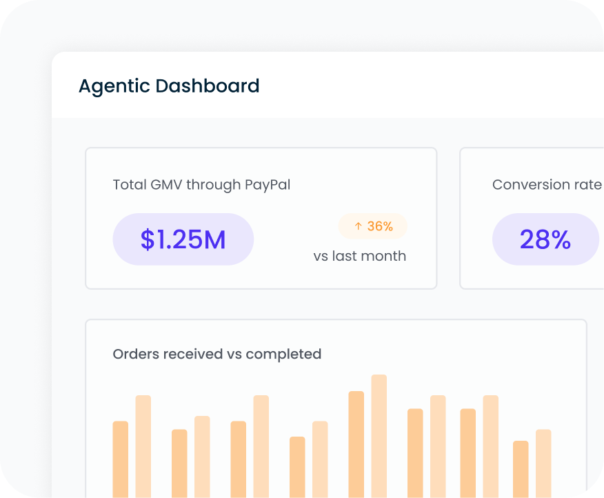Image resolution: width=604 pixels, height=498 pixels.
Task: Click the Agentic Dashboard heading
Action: coord(169,86)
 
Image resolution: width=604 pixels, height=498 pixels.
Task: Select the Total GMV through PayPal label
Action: coord(201,185)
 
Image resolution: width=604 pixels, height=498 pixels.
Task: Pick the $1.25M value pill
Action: coord(183,239)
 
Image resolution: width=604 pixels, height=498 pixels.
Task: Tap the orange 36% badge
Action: coord(373,226)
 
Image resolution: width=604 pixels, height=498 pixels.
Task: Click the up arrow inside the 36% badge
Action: coord(358,226)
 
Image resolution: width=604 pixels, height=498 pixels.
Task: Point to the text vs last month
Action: coord(359,256)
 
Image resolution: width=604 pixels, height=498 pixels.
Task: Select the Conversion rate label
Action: coord(547,185)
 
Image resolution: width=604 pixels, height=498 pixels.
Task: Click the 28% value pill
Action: coord(545,239)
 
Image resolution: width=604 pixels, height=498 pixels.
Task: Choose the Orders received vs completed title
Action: coord(217,354)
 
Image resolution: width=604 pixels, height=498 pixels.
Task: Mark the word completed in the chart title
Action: coord(283,354)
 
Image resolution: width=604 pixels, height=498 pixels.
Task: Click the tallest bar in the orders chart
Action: coord(379,435)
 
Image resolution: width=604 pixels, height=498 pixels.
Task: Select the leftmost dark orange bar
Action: coord(121,459)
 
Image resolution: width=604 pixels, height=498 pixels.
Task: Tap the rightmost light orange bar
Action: coord(543,462)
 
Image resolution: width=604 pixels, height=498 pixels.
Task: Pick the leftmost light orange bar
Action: coord(143,445)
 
